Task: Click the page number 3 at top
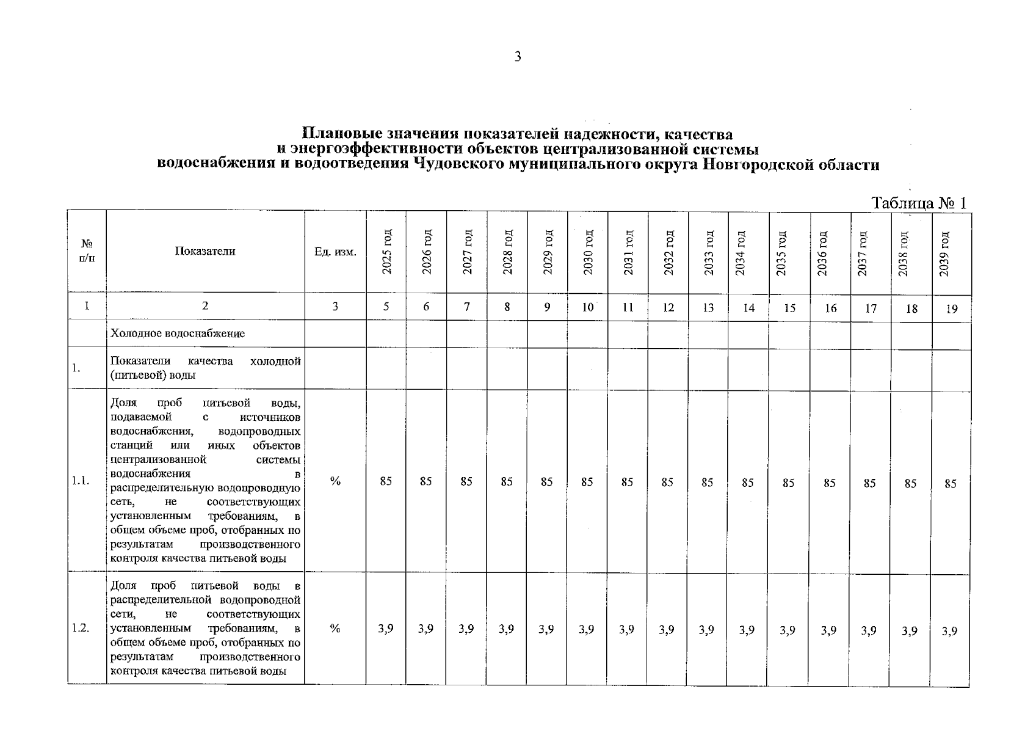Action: (518, 57)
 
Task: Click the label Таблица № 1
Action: (919, 203)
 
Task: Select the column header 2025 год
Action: (386, 252)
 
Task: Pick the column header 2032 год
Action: (668, 252)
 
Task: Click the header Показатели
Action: (205, 251)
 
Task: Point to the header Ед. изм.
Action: (335, 252)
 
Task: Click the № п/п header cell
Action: (87, 251)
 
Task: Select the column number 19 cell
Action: (951, 309)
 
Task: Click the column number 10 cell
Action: (587, 307)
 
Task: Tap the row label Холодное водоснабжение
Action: (178, 334)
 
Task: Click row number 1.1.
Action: (81, 481)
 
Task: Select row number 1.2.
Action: (81, 628)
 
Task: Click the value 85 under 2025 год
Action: (386, 481)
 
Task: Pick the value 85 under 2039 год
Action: (950, 484)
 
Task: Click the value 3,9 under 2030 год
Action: (586, 629)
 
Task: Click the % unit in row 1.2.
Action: (335, 629)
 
